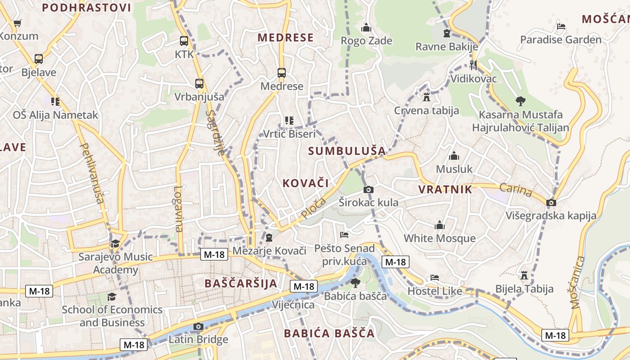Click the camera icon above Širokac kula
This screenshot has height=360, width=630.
point(368,190)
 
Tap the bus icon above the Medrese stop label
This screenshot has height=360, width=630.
point(282,73)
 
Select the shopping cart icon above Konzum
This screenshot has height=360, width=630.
point(18,23)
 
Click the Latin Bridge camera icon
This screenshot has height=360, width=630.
point(198,326)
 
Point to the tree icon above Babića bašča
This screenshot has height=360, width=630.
point(355,283)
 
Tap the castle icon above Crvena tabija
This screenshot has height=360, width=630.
point(427,97)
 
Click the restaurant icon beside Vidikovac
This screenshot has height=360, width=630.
point(473,65)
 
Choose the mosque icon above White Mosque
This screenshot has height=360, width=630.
point(439,225)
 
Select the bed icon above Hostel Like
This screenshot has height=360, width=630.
point(434,278)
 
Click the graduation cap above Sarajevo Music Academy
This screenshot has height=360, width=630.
point(116,244)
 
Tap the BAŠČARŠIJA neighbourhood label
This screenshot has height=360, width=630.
point(241,283)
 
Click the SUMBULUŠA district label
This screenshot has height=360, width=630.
point(347,151)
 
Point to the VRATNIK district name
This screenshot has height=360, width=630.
point(445,189)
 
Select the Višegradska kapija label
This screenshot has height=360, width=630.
point(551,216)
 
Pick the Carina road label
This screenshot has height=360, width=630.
point(516,191)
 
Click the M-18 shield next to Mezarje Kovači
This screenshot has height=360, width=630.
point(214,254)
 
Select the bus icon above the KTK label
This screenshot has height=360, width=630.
point(184,41)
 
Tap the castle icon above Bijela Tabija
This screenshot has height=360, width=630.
point(524,275)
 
